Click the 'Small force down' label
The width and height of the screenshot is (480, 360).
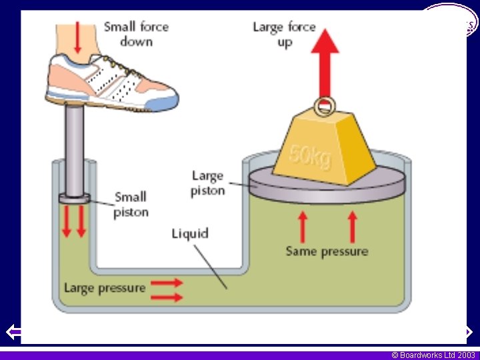136,33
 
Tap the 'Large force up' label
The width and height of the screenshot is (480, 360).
284,33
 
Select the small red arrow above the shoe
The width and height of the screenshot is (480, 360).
79,37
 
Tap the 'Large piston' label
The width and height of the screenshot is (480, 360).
207,183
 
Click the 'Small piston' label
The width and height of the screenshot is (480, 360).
131,204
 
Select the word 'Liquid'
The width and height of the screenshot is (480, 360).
190,233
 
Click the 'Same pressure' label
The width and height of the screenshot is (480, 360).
327,251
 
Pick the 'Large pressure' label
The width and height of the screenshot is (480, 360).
105,288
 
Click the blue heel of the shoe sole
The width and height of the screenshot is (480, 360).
164,103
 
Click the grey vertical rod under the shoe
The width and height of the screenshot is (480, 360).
74,147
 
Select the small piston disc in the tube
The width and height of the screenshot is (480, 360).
74,198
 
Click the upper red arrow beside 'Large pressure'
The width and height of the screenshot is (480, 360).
167,283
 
